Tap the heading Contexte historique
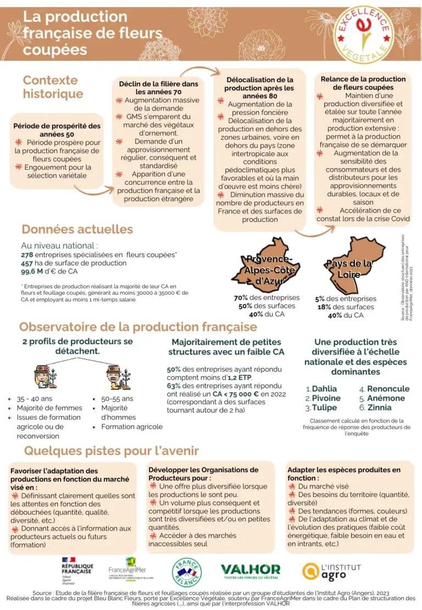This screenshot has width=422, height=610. [53, 87]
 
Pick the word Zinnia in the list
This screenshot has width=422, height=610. [380, 408]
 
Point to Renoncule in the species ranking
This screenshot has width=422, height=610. [388, 389]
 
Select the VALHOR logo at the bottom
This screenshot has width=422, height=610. [250, 571]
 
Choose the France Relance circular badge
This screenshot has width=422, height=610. [187, 572]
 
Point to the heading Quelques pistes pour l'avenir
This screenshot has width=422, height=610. [111, 451]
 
